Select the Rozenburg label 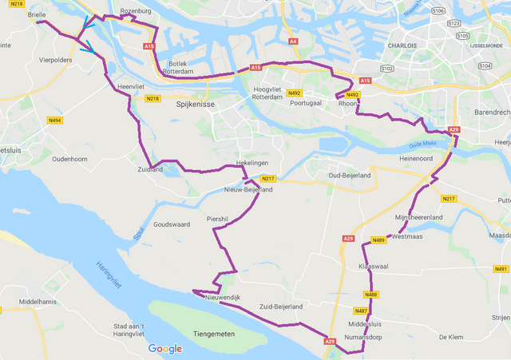click(135, 11)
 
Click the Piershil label click(217, 217)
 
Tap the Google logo click(164, 349)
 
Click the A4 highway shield click(293, 41)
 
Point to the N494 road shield click(55, 121)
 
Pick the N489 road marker click(378, 240)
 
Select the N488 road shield click(371, 295)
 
